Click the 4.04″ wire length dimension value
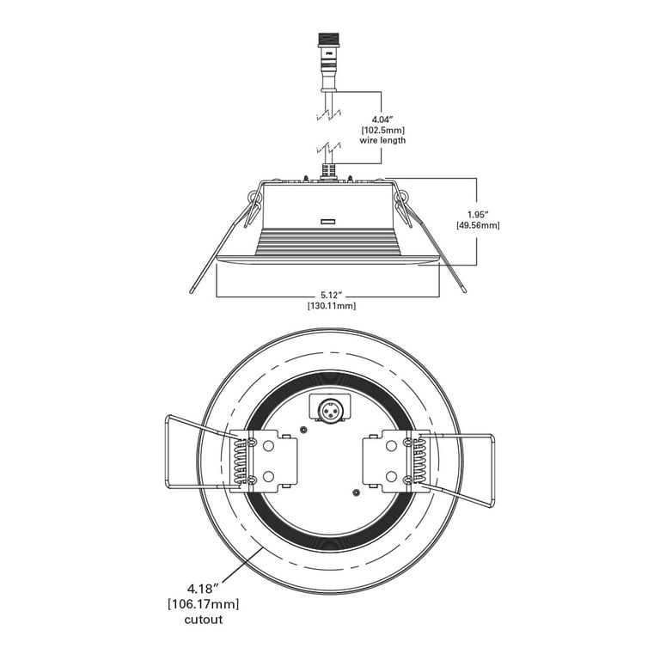[x=382, y=119]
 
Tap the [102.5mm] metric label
[x=382, y=130]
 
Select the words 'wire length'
[x=382, y=140]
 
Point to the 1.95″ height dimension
[x=478, y=215]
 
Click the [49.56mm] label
[x=478, y=225]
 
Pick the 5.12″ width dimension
[x=330, y=296]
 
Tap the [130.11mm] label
[x=331, y=306]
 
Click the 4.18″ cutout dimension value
[x=204, y=588]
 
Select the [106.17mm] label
[x=204, y=604]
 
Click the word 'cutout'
[x=204, y=620]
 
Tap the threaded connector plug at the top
[x=328, y=62]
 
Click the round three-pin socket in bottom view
[x=330, y=410]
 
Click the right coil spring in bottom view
[x=419, y=460]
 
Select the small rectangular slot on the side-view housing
[x=327, y=222]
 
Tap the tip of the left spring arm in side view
[x=191, y=291]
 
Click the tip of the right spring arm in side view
[x=464, y=290]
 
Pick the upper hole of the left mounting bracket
[x=268, y=446]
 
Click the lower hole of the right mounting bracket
[x=391, y=476]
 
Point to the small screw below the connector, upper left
[x=302, y=430]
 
